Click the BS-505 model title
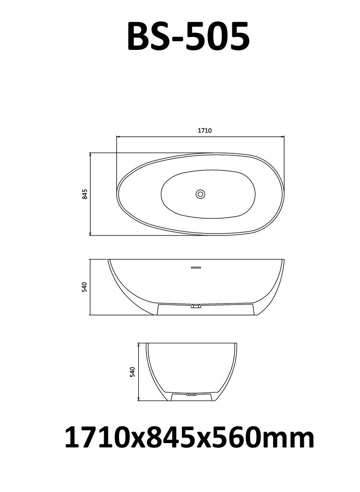tap(188, 37)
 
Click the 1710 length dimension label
tap(205, 130)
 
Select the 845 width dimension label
tap(84, 194)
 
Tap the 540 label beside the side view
tap(84, 287)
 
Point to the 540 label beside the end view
tap(132, 372)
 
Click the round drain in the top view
tap(200, 194)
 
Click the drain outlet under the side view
tap(195, 305)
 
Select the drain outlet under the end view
tap(192, 394)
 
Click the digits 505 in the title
tap(219, 37)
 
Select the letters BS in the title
tap(147, 37)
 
